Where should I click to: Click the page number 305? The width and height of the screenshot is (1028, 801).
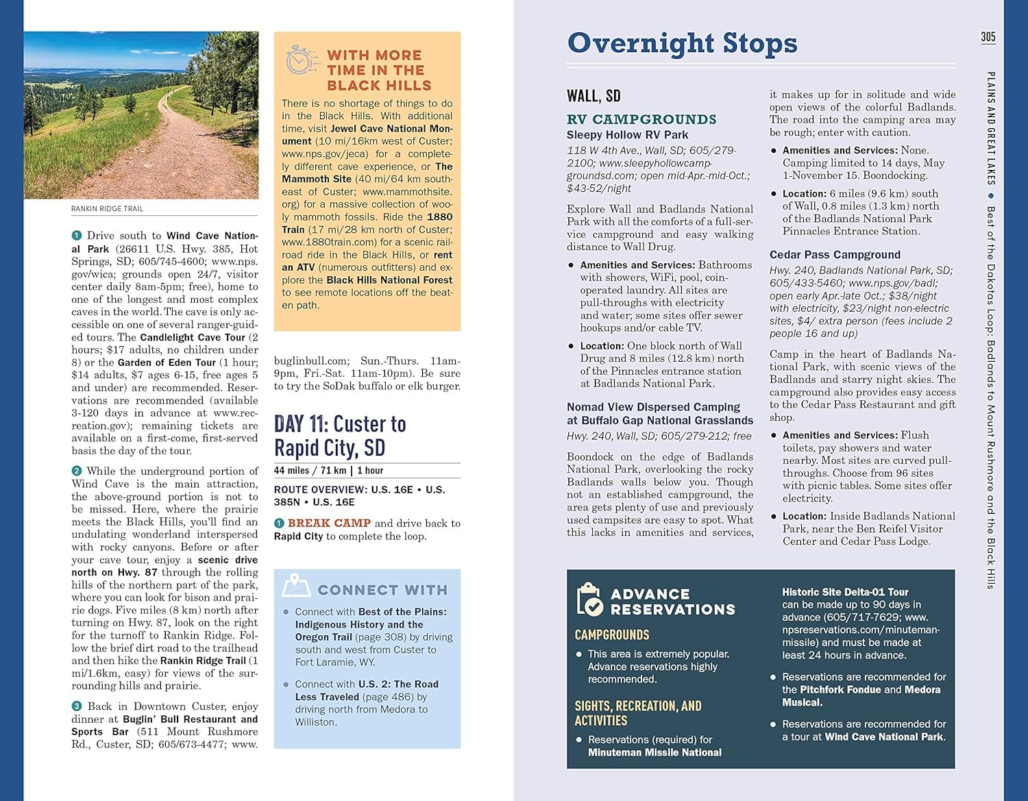tap(988, 37)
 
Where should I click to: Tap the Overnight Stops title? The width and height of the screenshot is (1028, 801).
tap(682, 43)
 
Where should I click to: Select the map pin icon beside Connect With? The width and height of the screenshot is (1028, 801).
tap(297, 584)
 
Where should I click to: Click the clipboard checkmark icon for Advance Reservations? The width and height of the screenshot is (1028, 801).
tap(589, 599)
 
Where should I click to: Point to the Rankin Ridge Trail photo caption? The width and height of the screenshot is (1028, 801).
tap(107, 209)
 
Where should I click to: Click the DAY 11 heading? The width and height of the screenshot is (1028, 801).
tap(340, 436)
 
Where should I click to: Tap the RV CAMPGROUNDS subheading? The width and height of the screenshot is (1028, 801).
tap(641, 119)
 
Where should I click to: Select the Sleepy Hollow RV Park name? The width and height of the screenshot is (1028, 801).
tap(627, 135)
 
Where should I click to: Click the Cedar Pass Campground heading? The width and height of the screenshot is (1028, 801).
tap(835, 255)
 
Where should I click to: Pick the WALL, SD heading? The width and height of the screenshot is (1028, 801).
tap(593, 96)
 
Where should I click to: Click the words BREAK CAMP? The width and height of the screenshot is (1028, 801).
tap(329, 523)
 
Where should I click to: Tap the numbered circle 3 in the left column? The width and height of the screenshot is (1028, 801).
tap(77, 706)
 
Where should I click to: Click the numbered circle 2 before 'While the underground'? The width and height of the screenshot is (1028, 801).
tap(77, 471)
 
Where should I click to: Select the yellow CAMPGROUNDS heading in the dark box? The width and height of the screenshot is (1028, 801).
tap(611, 635)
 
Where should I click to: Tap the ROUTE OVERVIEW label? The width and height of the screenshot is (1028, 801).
tap(320, 490)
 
